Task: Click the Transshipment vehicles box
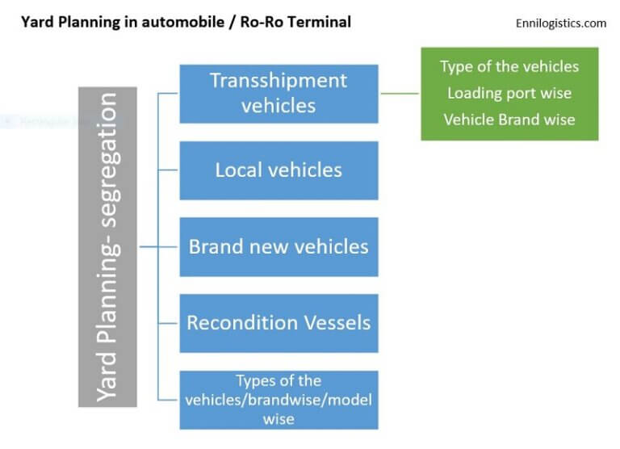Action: tap(279, 94)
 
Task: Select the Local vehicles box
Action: tap(279, 170)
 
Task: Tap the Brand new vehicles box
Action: tap(279, 246)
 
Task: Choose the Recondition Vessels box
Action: tap(279, 323)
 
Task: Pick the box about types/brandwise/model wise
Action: tap(279, 400)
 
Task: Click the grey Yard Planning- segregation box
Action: tap(107, 246)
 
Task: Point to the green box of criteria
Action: tap(509, 94)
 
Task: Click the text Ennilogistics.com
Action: tap(560, 23)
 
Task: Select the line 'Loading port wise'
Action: tap(509, 93)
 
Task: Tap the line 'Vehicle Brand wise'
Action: tap(509, 120)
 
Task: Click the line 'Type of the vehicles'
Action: tap(509, 66)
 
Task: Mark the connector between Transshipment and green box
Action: tap(399, 93)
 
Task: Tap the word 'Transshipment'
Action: tap(279, 81)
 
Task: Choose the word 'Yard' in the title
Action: tap(34, 22)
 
